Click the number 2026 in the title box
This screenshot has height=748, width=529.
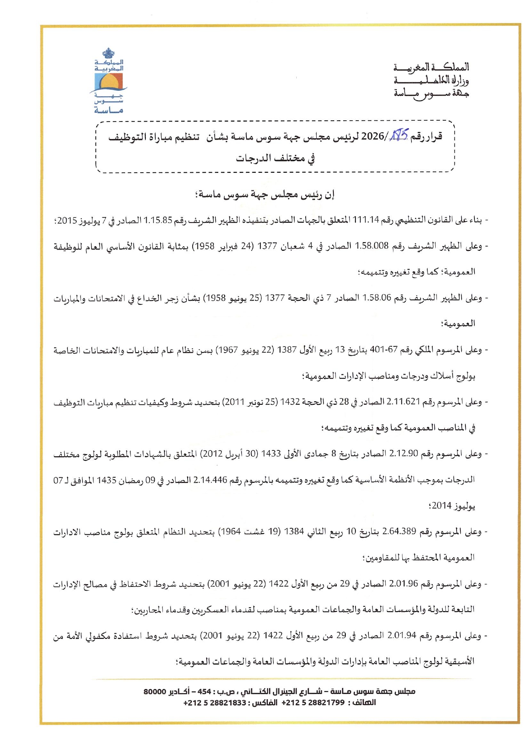pos(373,137)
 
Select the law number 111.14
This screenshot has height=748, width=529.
pos(366,220)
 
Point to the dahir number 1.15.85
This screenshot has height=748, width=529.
pos(158,220)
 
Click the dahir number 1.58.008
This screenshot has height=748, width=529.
pos(372,246)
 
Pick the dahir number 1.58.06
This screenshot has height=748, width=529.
pos(377,298)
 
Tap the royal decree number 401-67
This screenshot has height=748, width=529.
pos(384,350)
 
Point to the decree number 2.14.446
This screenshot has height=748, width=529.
pos(210,480)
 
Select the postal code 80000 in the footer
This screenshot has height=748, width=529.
pos(154,691)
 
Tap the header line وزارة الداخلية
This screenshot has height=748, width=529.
pos(431,80)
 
